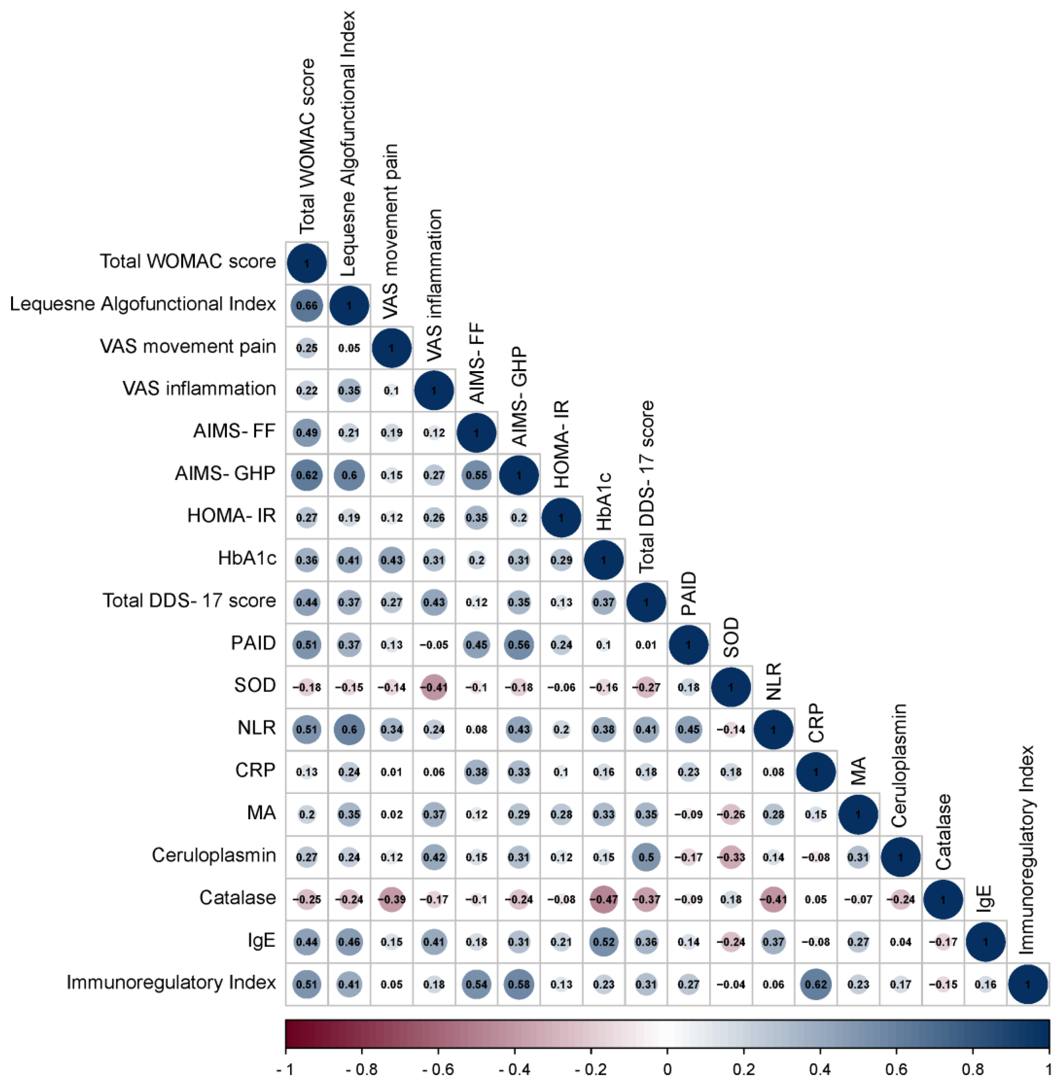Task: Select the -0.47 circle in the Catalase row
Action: (x=604, y=899)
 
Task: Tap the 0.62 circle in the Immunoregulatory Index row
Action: (x=816, y=984)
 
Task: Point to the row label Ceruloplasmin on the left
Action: (x=213, y=855)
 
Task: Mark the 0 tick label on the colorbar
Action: (x=667, y=1070)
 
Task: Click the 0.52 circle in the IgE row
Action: (x=604, y=942)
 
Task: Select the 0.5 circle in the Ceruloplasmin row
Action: (x=646, y=857)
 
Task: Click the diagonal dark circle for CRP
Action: (x=816, y=772)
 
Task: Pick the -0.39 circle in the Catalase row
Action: (x=391, y=899)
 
